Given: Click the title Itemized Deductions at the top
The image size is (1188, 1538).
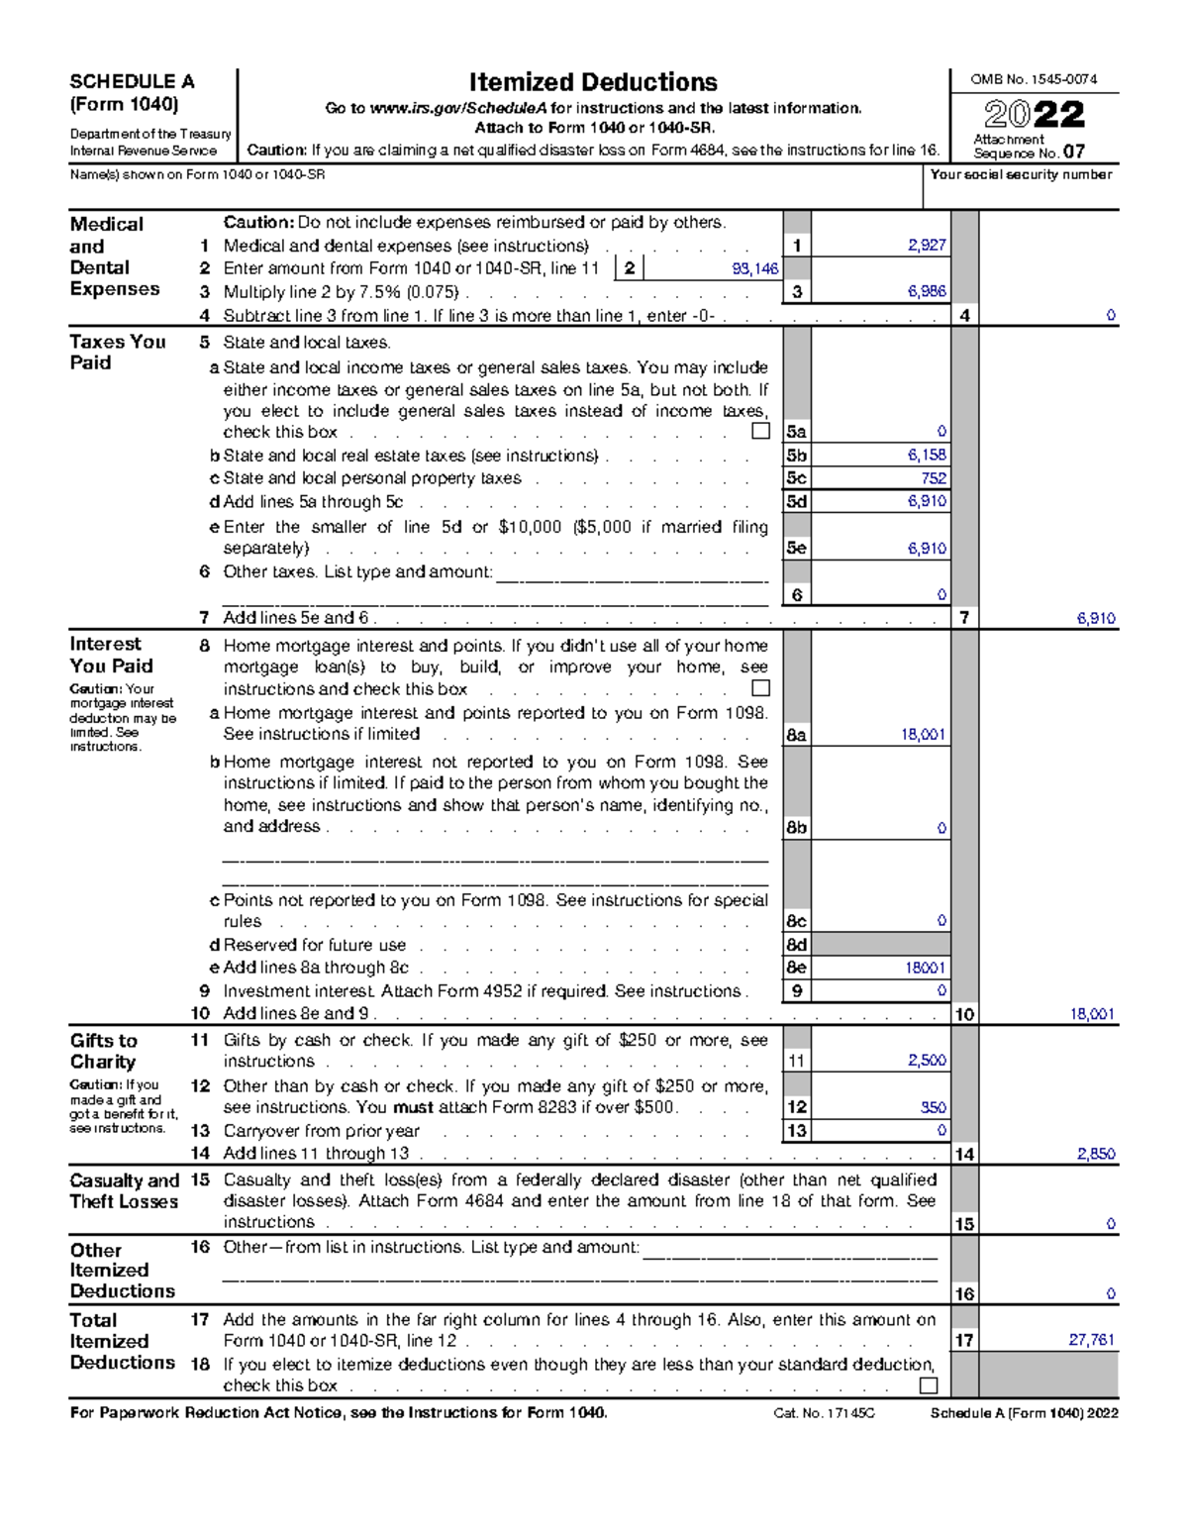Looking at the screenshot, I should (x=593, y=82).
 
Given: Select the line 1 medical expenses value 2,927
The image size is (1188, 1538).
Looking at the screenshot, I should (x=927, y=246).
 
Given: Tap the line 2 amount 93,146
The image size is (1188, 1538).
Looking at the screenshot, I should (x=755, y=268).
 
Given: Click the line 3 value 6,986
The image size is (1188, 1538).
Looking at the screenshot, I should (x=927, y=292).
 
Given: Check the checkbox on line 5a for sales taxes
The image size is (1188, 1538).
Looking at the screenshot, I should (x=760, y=431).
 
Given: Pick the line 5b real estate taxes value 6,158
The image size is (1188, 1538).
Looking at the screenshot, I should (x=927, y=456).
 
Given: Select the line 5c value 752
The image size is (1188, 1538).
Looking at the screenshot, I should (x=933, y=478).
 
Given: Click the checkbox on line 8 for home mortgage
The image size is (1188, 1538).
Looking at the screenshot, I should (x=760, y=688).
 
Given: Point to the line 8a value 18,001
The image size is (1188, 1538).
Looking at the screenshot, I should (x=923, y=735).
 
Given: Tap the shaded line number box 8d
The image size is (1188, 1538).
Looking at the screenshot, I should (x=796, y=945).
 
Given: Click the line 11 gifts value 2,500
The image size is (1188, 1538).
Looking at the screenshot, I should (x=927, y=1061).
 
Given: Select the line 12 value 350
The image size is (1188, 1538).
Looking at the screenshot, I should (x=933, y=1107).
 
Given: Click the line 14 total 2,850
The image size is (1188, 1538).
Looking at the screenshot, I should (x=1096, y=1154).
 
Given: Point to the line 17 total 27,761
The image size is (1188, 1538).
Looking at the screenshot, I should (x=1092, y=1340).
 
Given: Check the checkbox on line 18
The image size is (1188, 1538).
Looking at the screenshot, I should (x=929, y=1385).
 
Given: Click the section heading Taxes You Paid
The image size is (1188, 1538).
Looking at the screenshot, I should (x=117, y=352).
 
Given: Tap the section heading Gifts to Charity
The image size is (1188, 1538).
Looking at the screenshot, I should (x=103, y=1051).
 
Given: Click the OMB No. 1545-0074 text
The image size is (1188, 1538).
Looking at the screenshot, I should (x=1033, y=79).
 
